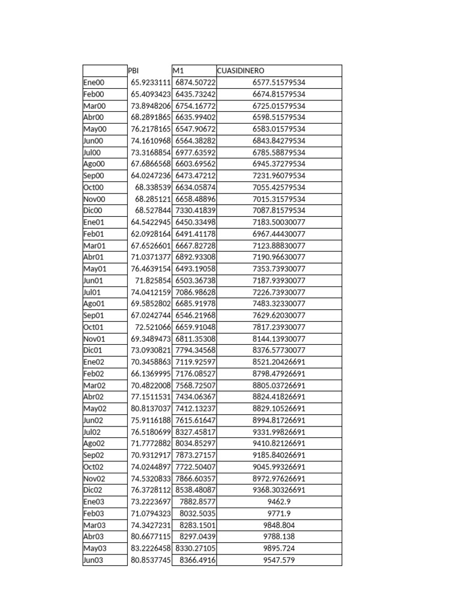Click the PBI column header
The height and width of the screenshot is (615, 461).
[134, 71]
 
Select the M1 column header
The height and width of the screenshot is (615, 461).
[178, 71]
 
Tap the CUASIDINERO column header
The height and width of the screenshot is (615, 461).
[241, 71]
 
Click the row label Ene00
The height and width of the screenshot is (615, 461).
[94, 82]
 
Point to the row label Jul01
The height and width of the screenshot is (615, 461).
[92, 292]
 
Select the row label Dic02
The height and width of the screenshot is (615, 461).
[93, 490]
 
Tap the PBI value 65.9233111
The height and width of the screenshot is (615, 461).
[151, 82]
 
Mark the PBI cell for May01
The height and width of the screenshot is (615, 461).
[151, 268]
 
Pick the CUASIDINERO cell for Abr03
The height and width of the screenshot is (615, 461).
[279, 537]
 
